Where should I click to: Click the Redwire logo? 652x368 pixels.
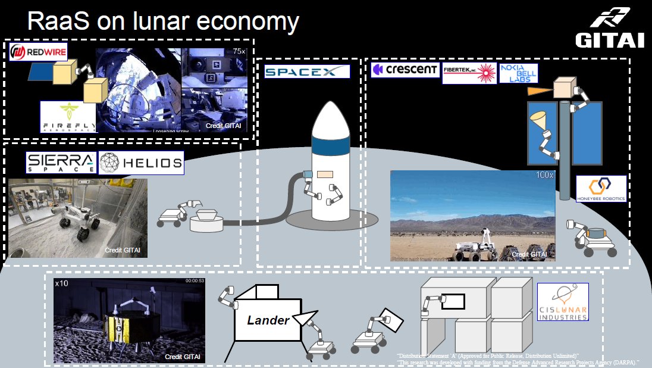coord(38,51)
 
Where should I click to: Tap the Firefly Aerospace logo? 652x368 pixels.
coord(67,117)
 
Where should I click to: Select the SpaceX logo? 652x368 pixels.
coord(307,71)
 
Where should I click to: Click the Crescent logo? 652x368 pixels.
coord(405,70)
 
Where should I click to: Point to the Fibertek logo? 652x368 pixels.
coord(469,72)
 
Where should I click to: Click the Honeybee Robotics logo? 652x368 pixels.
coord(601,188)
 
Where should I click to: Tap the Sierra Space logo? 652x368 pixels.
coord(60,163)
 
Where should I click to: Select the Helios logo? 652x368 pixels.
coord(141,163)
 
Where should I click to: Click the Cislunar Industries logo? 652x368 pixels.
coord(563,302)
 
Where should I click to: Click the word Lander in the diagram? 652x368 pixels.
coord(268,320)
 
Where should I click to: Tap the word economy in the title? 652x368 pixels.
coord(248,23)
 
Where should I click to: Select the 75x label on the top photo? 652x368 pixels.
coord(239,52)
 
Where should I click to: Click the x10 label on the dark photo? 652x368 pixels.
coord(61,283)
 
